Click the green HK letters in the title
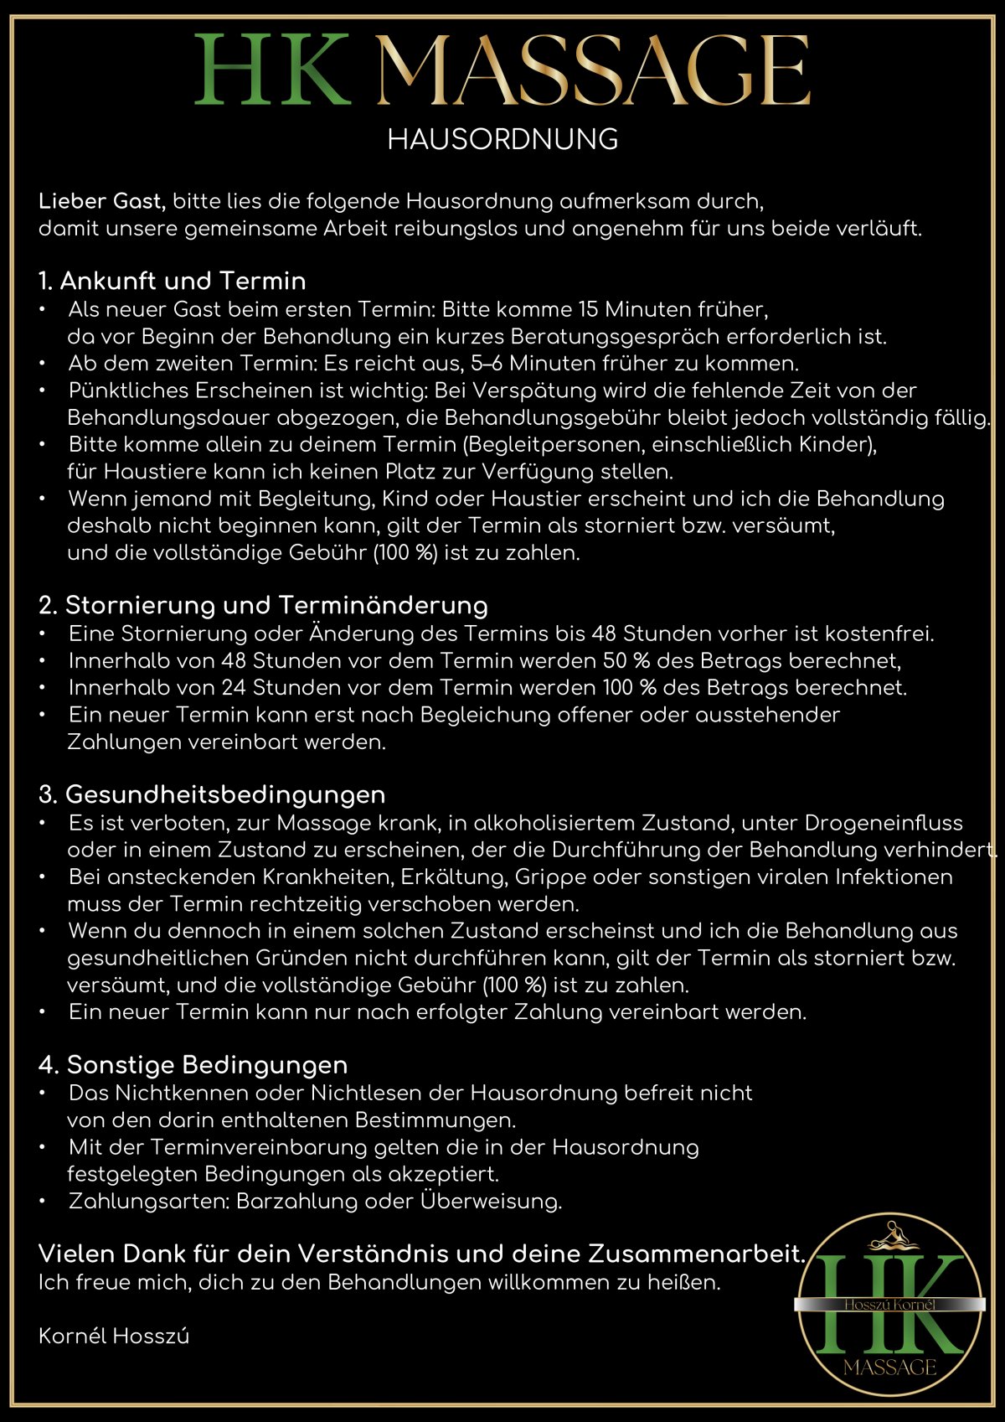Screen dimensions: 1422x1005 click(x=272, y=70)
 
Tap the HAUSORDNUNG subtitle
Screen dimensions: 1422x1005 click(x=502, y=139)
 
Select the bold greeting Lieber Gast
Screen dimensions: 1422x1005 click(x=102, y=201)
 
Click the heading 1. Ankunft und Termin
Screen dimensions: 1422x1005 click(x=172, y=281)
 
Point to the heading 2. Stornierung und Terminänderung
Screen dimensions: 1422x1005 click(x=263, y=605)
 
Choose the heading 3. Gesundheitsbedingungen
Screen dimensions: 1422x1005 click(x=212, y=794)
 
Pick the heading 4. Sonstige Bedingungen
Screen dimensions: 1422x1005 click(x=193, y=1065)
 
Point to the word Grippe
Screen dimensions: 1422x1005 click(x=550, y=877)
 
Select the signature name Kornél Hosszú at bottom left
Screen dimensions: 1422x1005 click(x=114, y=1337)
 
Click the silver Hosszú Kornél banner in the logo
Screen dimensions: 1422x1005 click(x=889, y=1305)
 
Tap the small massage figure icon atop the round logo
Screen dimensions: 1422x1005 click(x=889, y=1236)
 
